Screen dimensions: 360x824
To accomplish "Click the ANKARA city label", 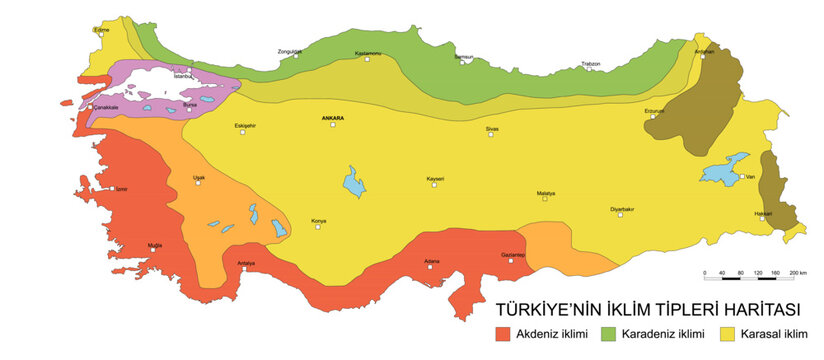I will point(333,118).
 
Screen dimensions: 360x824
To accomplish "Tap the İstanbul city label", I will point(182,75).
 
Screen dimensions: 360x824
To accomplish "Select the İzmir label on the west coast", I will point(121,188).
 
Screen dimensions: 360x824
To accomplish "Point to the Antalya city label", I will point(246,263).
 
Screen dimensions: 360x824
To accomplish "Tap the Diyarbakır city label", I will point(623,208).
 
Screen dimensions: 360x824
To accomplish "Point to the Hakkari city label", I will point(765,212).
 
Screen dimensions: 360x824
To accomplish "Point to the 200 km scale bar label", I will point(798,272).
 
